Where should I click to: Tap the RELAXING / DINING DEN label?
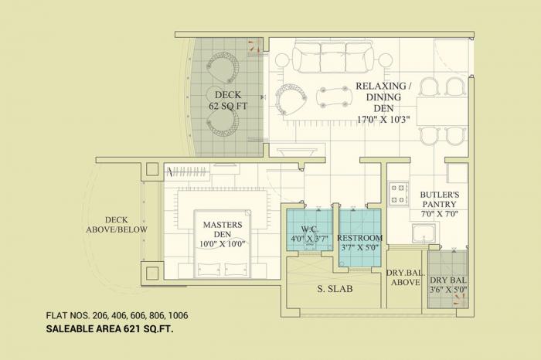(383, 102)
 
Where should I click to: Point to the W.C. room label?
(308, 233)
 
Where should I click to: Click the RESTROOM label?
(360, 243)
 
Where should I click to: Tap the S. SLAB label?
(333, 289)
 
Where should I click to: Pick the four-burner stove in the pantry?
(398, 193)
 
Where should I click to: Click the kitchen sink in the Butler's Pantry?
(424, 233)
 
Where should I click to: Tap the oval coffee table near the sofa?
(335, 97)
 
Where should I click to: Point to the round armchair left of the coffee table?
(292, 98)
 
